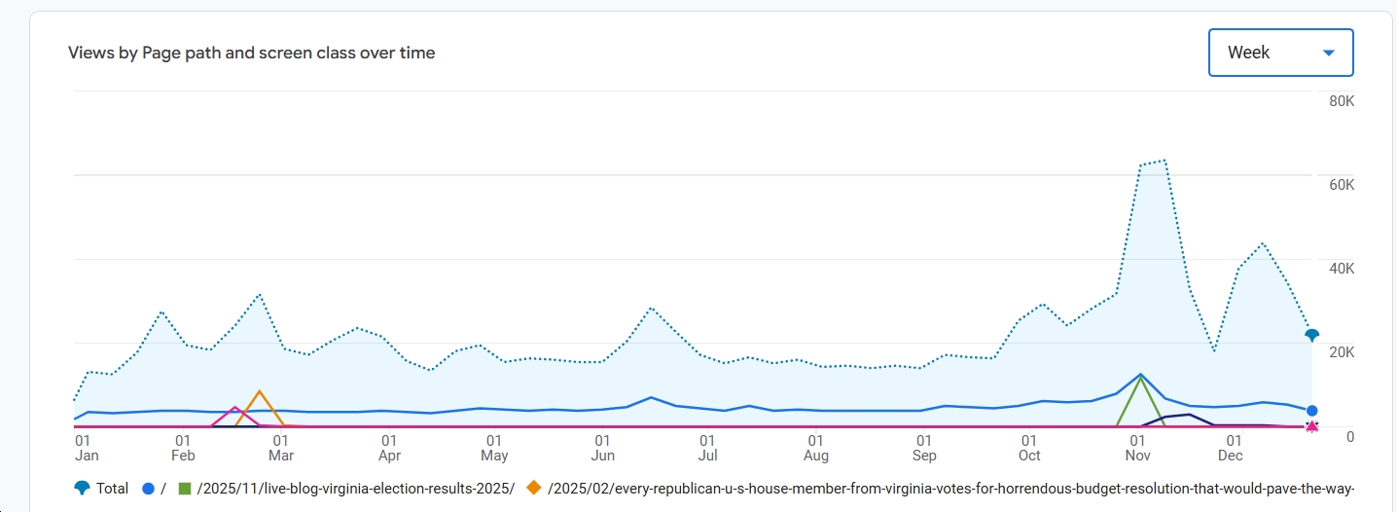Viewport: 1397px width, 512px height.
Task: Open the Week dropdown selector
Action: click(1280, 53)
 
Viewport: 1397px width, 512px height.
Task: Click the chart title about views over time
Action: click(251, 53)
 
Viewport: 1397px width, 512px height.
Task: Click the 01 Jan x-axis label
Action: click(87, 448)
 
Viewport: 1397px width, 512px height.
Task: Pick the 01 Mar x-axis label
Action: click(281, 448)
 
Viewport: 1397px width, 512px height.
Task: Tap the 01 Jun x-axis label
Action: click(603, 448)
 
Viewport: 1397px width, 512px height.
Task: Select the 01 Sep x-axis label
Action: click(924, 448)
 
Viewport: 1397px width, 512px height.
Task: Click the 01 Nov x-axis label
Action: click(1137, 448)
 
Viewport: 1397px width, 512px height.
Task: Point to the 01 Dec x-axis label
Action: click(1231, 448)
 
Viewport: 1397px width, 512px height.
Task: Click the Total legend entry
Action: click(101, 489)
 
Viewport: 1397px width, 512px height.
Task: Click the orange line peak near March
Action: click(259, 391)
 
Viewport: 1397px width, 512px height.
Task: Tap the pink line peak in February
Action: click(234, 407)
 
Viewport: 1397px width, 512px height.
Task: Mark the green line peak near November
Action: click(1139, 378)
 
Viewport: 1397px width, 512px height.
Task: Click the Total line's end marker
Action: click(1311, 335)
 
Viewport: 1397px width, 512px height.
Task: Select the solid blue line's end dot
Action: click(1311, 411)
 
